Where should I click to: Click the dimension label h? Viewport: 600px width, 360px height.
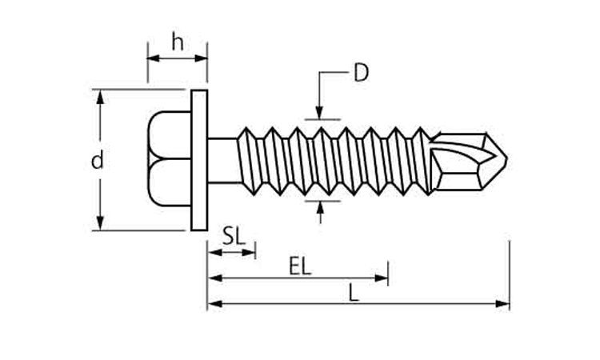click(177, 42)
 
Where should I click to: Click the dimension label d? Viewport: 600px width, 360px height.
click(97, 161)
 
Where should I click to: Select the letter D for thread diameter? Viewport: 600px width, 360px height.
click(361, 74)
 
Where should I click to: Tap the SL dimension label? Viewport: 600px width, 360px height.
click(233, 236)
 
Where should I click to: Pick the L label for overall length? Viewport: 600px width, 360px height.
click(354, 292)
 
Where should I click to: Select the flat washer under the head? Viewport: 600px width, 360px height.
click(199, 160)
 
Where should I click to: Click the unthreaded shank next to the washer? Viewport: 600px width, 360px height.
click(223, 160)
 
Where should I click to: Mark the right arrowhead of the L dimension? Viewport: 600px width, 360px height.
click(503, 304)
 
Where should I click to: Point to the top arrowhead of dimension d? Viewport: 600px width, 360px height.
click(100, 96)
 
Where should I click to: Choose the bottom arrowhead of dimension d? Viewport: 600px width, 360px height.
click(100, 223)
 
